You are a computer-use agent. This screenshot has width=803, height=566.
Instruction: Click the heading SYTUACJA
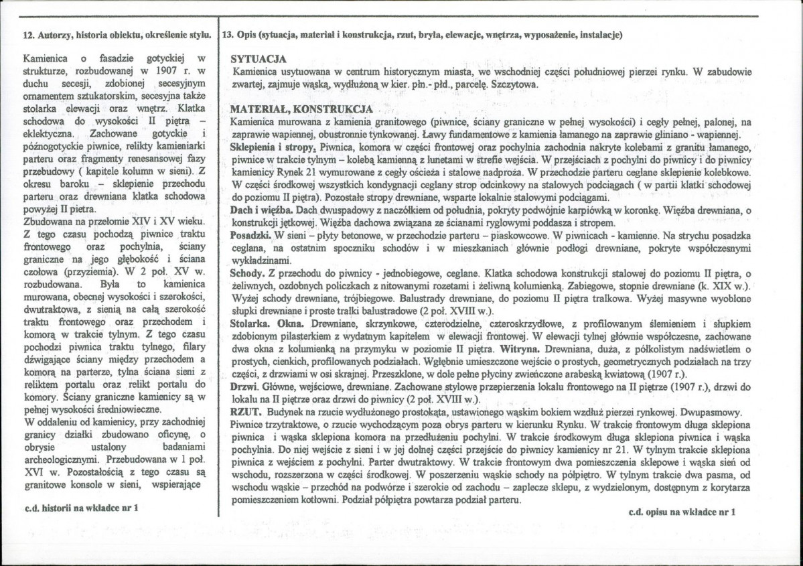(259, 59)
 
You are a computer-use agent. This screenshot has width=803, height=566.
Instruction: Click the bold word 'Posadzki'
(249, 236)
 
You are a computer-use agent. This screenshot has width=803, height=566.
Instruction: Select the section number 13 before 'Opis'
(228, 35)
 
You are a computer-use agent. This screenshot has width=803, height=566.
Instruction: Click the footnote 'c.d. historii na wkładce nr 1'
(81, 508)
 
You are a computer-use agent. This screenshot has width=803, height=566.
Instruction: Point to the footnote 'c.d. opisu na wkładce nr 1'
(681, 512)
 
